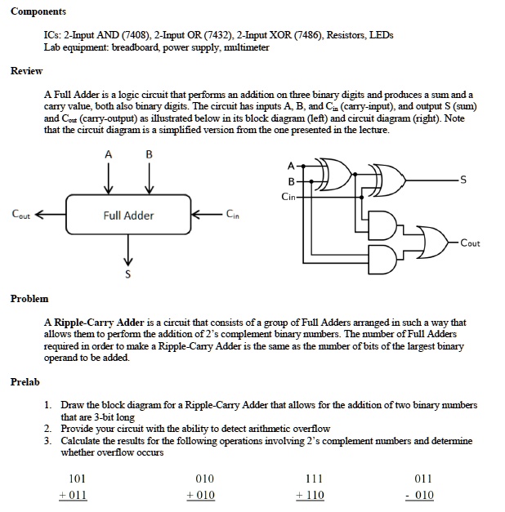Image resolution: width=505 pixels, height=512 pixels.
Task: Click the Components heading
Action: point(38,11)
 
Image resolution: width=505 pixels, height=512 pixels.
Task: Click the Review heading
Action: point(26,71)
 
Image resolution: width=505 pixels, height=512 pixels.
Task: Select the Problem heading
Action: point(29,298)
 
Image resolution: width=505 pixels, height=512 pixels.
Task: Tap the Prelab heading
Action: point(25,381)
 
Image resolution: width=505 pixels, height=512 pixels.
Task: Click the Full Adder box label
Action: point(128,216)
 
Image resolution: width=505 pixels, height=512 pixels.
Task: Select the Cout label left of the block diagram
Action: point(20,214)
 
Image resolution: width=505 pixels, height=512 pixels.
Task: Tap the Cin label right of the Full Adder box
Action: point(232,214)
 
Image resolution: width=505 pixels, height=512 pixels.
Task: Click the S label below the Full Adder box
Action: point(127,274)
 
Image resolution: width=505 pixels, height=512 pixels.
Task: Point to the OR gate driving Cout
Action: point(432,242)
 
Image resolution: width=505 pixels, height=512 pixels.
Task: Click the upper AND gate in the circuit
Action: point(382,225)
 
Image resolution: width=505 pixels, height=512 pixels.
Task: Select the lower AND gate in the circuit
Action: point(382,260)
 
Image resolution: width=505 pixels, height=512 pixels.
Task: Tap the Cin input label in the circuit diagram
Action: point(288,197)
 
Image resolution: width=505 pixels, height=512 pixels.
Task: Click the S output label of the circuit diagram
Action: point(463,180)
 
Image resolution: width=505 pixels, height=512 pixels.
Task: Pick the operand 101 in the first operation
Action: point(77,479)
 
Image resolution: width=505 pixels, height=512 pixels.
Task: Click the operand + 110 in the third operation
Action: point(310,495)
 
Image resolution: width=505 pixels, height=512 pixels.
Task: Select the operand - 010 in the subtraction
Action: point(420,495)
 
